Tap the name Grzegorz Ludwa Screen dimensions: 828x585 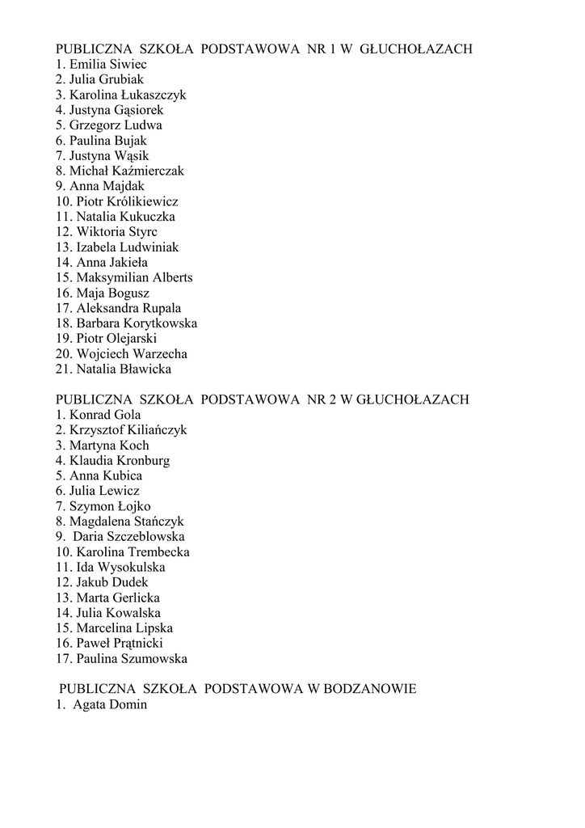(x=116, y=126)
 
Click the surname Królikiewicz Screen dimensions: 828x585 (x=144, y=202)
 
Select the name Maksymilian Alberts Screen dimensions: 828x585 (x=134, y=278)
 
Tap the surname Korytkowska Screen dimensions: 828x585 (x=158, y=324)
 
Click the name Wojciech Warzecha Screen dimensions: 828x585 (x=132, y=354)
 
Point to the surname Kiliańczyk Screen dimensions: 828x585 (x=153, y=431)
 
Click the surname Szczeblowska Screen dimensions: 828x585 (x=146, y=537)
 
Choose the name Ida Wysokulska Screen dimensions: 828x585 (x=120, y=568)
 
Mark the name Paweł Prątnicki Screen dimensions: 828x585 (x=120, y=644)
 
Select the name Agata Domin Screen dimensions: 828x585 (x=110, y=705)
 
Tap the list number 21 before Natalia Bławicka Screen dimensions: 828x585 (x=63, y=370)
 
